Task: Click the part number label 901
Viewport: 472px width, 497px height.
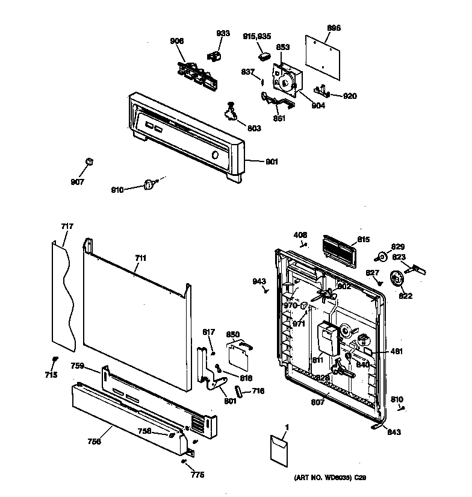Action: coord(272,161)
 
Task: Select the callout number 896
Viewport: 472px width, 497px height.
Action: coord(334,28)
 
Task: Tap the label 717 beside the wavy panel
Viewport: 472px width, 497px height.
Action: coord(67,227)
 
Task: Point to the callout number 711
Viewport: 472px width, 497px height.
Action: coord(140,258)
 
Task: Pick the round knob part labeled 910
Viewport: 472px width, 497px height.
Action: coord(149,186)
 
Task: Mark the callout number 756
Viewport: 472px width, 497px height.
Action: coord(93,441)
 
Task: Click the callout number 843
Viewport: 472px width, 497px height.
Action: coord(393,432)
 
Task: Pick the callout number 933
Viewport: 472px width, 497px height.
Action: coord(223,33)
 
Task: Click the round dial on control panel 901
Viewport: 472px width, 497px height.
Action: coord(215,155)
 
